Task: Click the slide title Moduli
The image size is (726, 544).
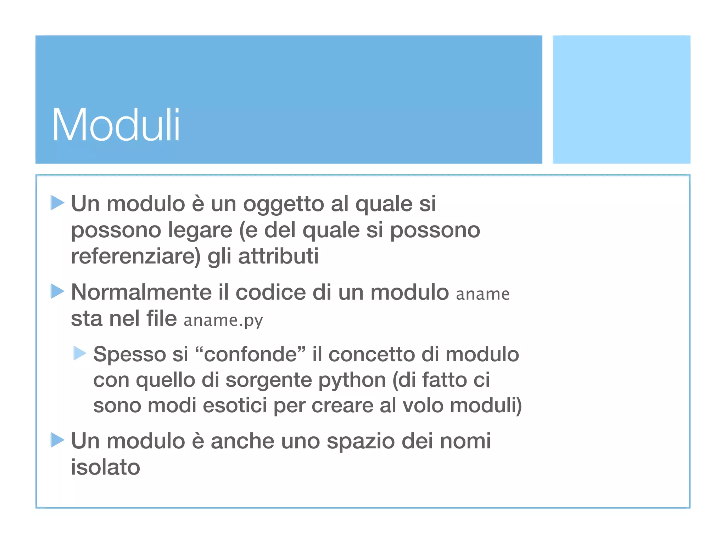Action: tap(116, 125)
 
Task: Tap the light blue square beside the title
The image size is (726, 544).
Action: tap(621, 99)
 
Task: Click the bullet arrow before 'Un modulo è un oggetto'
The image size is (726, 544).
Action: tap(57, 203)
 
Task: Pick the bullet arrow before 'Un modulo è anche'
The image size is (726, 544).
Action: tap(57, 440)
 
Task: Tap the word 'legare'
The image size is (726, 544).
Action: tap(200, 230)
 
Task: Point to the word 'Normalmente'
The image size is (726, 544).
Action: tap(141, 293)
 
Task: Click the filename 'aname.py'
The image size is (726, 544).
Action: tap(223, 320)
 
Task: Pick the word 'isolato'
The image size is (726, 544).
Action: tap(106, 467)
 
